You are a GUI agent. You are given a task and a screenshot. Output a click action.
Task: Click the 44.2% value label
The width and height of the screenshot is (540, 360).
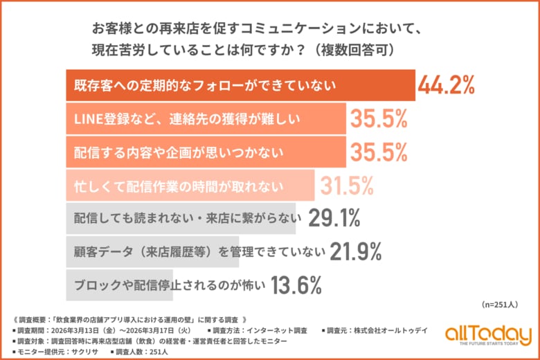(x=446, y=85)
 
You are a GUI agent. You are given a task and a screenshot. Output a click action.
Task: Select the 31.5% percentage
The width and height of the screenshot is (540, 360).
(x=346, y=185)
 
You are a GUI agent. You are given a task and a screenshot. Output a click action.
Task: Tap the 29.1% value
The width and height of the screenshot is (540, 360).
(x=334, y=218)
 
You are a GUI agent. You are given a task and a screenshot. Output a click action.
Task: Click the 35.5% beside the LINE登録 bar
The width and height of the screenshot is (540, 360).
(x=377, y=119)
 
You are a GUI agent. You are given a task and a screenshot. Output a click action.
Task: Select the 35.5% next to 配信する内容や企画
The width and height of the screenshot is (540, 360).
(x=377, y=152)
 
